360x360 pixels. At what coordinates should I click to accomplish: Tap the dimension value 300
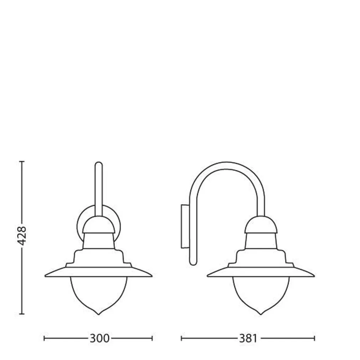(x=99, y=338)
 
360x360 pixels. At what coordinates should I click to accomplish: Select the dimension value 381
(x=248, y=338)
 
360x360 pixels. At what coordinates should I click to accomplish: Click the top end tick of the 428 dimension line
(x=22, y=161)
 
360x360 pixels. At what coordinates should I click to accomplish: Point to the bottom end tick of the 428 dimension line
(x=22, y=314)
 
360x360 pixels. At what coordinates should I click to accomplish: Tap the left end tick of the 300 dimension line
(x=44, y=338)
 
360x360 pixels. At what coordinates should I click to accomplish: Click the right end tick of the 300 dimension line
(x=153, y=338)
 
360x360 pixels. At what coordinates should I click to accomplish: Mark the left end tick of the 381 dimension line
(x=181, y=338)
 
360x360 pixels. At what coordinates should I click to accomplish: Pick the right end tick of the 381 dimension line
(x=314, y=338)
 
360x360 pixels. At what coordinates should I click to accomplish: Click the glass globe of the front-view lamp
(x=98, y=292)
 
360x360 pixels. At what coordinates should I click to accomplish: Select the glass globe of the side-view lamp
(x=261, y=292)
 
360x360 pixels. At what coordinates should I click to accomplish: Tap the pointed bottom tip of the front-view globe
(x=98, y=314)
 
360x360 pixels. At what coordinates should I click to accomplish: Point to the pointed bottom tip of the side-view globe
(x=261, y=314)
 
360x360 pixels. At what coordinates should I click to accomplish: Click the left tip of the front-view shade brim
(x=46, y=276)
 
